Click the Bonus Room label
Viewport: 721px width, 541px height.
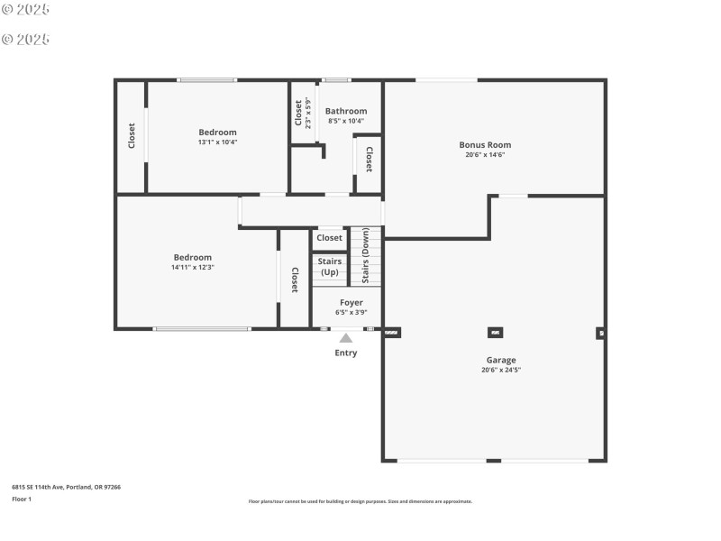(x=485, y=144)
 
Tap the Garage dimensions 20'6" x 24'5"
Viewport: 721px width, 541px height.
(x=501, y=370)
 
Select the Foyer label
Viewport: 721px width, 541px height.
(x=351, y=303)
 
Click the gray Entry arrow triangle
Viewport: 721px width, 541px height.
(x=345, y=338)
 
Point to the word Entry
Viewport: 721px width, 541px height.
(x=346, y=353)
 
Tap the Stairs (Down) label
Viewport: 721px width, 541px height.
(x=366, y=256)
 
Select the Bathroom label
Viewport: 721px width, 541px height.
(x=346, y=111)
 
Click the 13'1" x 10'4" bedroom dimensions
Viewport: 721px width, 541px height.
(x=217, y=142)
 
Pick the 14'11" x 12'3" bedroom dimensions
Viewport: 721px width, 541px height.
(x=193, y=267)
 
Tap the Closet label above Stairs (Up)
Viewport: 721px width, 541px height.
(x=330, y=238)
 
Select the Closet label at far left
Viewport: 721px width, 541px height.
(x=132, y=136)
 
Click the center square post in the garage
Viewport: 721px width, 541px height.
(x=495, y=332)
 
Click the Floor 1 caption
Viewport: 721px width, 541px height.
(x=22, y=499)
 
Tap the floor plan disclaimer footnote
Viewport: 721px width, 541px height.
(x=360, y=501)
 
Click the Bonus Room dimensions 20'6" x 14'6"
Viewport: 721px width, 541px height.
(x=485, y=154)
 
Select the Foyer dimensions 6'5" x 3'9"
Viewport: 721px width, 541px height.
(x=351, y=313)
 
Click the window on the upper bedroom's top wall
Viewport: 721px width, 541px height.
(x=207, y=80)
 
